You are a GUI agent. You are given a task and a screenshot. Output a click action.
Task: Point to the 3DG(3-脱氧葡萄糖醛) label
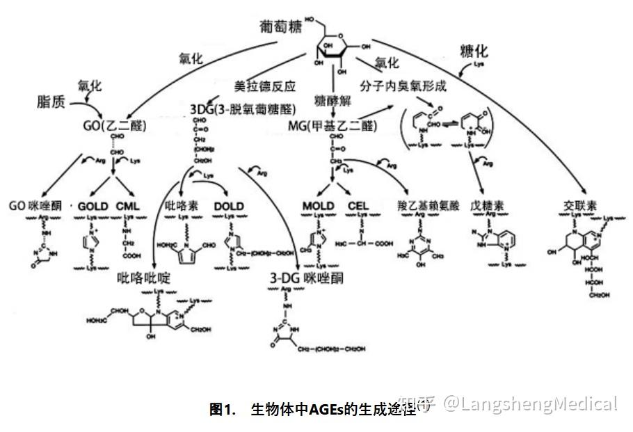pyautogui.click(x=242, y=109)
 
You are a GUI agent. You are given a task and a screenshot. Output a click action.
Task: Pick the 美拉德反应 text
pyautogui.click(x=265, y=87)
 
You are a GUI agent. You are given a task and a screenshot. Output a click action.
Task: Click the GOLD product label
pyautogui.click(x=93, y=207)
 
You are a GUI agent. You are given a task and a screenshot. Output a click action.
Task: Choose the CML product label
pyautogui.click(x=128, y=207)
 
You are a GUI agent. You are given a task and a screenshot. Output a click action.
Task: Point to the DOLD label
pyautogui.click(x=229, y=207)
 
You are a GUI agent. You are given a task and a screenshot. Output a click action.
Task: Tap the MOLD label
pyautogui.click(x=319, y=207)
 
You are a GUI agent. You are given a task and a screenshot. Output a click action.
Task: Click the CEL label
pyautogui.click(x=358, y=207)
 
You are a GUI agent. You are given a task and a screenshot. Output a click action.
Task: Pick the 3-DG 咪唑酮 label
pyautogui.click(x=307, y=278)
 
